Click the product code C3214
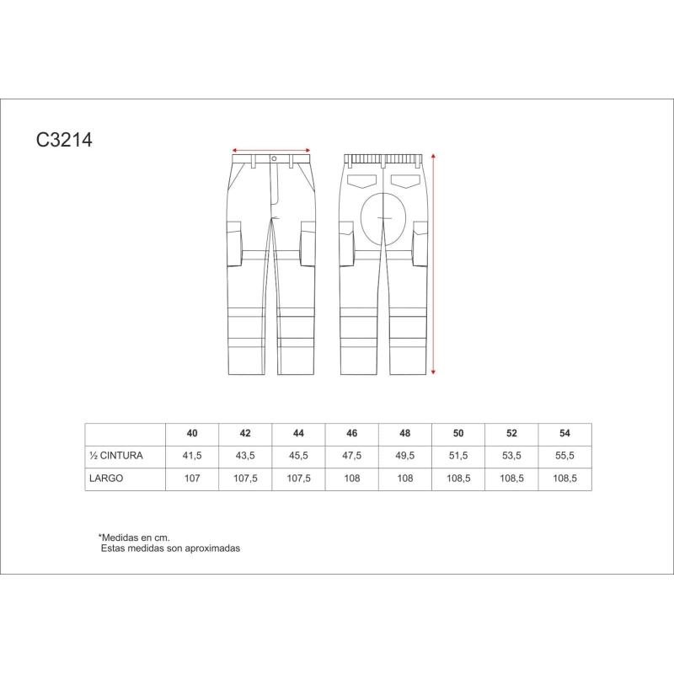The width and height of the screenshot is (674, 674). [64, 140]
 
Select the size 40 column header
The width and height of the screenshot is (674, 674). [192, 433]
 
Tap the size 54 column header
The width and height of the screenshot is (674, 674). [564, 433]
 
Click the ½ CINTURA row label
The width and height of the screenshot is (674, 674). [116, 456]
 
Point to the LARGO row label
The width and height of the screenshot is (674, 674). [106, 479]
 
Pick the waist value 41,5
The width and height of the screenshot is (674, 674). [192, 456]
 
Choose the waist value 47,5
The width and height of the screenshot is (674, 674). [351, 456]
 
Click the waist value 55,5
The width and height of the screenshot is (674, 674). [564, 456]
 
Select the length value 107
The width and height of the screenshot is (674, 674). [192, 479]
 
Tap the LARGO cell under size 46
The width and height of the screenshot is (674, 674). [351, 479]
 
